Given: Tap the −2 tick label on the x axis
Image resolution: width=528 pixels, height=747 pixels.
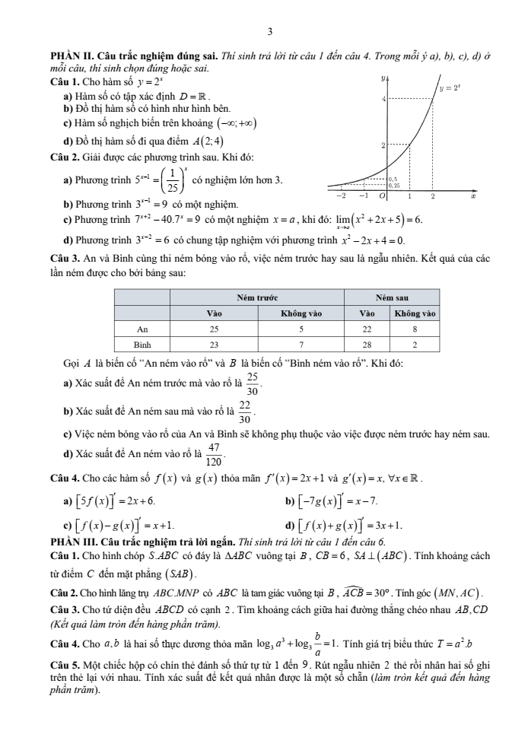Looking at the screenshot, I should tap(342, 196).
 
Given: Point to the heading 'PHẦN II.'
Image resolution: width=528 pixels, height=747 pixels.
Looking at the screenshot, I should tap(70, 57).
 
